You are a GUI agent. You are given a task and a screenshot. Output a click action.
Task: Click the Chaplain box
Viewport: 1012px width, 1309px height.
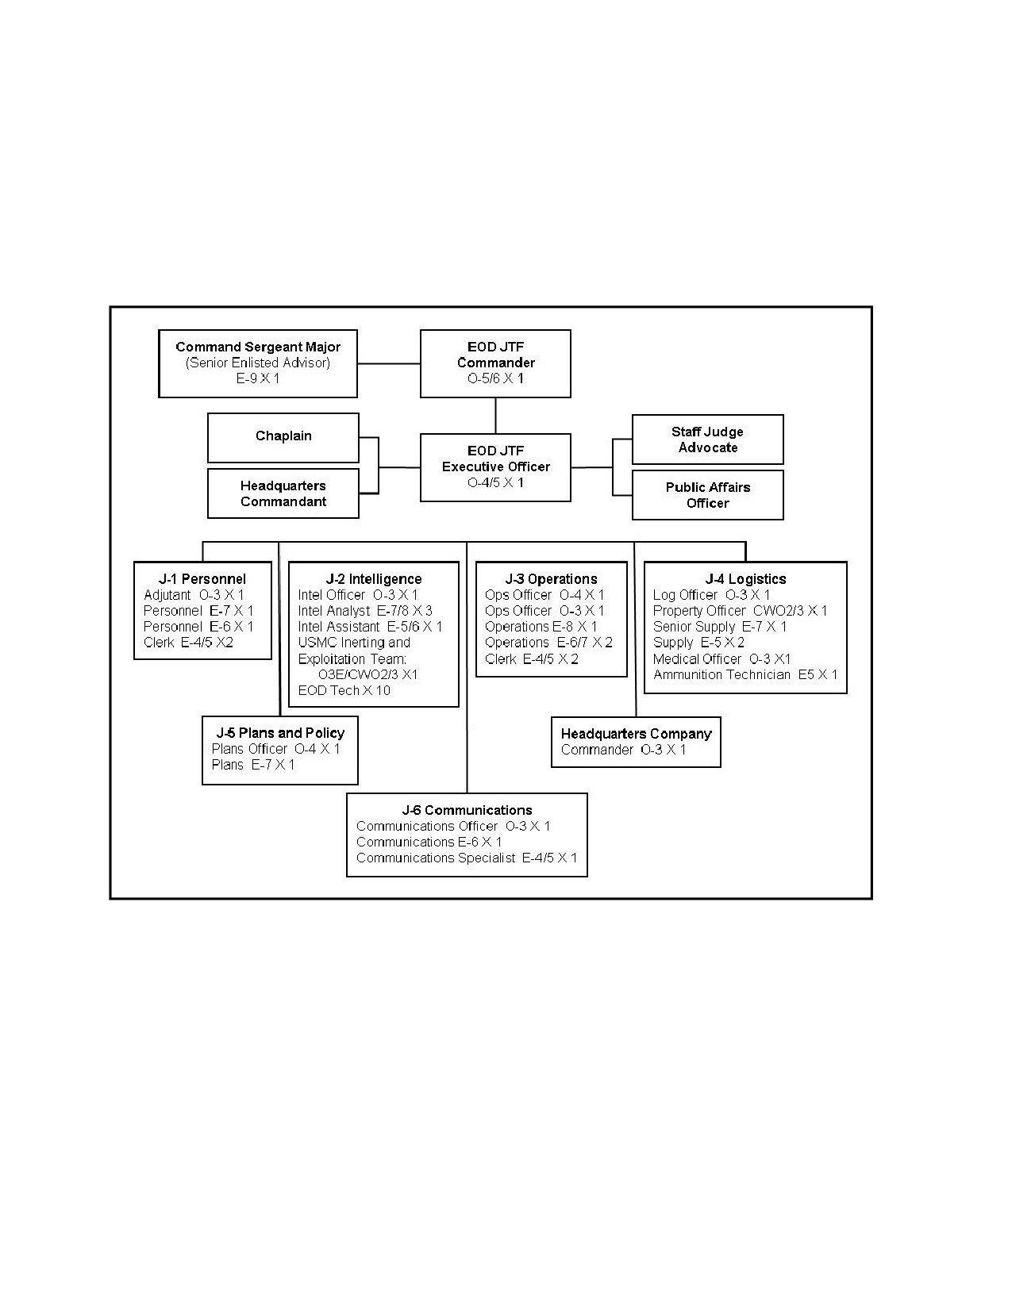pos(283,437)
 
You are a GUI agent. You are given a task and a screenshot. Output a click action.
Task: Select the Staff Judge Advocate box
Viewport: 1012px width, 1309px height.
pos(708,440)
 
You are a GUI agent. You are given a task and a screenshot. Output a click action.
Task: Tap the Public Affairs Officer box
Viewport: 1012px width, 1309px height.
pos(708,494)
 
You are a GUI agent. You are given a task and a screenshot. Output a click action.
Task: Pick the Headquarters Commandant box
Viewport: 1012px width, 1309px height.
pos(283,493)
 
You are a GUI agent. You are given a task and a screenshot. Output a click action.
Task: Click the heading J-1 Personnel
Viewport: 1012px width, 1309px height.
pos(202,579)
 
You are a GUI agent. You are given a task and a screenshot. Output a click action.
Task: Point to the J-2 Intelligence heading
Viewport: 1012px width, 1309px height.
pos(374,579)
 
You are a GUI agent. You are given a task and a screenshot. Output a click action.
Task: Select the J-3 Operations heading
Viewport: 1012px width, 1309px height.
pos(551,579)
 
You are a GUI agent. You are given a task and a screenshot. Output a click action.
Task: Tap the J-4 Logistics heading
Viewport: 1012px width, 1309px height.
pos(745,579)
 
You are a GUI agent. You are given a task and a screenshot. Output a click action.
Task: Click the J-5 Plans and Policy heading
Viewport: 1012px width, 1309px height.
pos(280,733)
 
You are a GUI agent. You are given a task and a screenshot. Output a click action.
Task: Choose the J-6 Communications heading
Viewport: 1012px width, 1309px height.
pos(468,810)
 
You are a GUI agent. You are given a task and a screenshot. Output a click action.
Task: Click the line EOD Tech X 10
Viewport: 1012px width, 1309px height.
pos(344,690)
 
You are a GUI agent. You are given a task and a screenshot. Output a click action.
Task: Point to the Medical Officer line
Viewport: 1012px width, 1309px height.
pos(721,659)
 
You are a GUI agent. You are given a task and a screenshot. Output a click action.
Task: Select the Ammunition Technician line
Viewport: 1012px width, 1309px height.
pos(745,674)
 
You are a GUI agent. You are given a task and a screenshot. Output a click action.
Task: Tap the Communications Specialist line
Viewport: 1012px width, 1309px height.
pos(467,858)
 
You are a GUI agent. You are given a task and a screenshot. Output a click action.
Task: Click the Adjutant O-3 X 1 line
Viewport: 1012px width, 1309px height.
pos(194,595)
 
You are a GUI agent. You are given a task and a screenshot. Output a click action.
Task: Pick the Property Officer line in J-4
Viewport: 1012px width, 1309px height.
pos(741,611)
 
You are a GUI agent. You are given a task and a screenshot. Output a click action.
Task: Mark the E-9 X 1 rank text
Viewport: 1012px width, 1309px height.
pos(258,379)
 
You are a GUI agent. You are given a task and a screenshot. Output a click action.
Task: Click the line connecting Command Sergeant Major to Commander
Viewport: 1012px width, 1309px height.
pos(389,364)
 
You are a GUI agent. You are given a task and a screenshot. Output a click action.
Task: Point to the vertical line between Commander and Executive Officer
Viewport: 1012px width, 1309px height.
pos(495,416)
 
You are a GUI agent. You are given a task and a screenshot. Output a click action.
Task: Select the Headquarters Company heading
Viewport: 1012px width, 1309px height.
pos(636,734)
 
